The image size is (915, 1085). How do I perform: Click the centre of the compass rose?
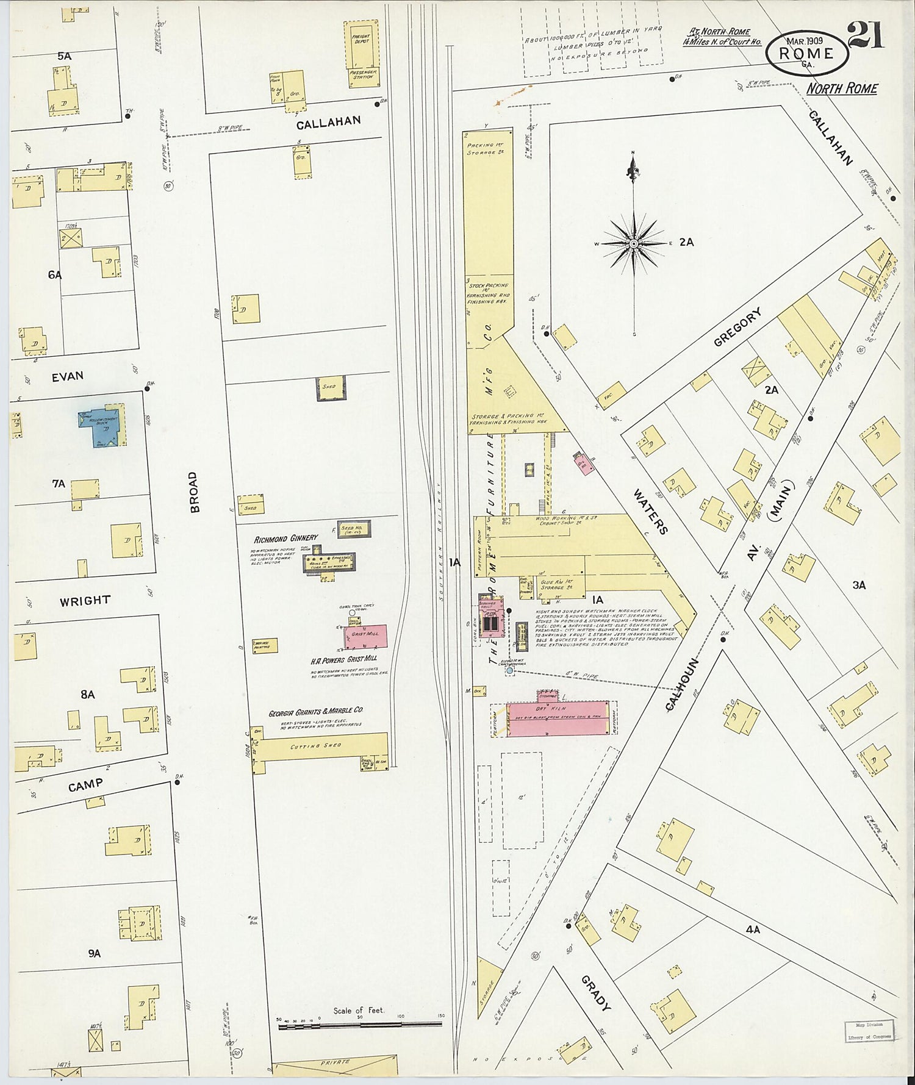[x=634, y=244]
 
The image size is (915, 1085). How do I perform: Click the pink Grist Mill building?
[x=365, y=636]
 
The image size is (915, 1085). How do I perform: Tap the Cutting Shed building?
[x=323, y=747]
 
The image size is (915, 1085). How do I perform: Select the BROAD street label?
[x=194, y=492]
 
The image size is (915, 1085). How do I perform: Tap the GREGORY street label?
[x=738, y=328]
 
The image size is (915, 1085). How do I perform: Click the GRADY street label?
[x=595, y=993]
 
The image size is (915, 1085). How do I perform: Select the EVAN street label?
[x=67, y=376]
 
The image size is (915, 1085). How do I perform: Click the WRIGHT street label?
[x=85, y=601]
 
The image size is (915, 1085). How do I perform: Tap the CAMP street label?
[x=85, y=786]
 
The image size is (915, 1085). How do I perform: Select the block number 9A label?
[x=93, y=953]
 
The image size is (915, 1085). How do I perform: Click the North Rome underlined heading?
[x=842, y=88]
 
